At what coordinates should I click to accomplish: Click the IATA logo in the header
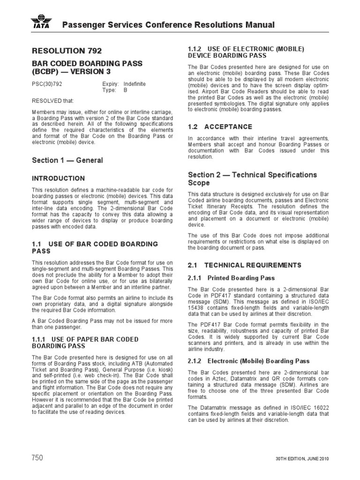(x=42, y=23)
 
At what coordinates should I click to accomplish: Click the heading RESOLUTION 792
(x=66, y=51)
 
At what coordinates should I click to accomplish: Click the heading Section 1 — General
(x=67, y=160)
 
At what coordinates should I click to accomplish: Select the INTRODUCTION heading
(x=58, y=179)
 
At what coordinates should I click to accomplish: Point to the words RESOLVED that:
(x=52, y=101)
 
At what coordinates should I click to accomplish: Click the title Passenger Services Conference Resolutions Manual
(x=169, y=25)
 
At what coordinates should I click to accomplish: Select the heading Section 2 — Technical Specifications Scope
(x=252, y=179)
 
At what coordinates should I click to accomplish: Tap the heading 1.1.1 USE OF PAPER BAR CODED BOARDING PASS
(x=85, y=343)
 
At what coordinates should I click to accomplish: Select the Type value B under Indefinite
(x=125, y=90)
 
